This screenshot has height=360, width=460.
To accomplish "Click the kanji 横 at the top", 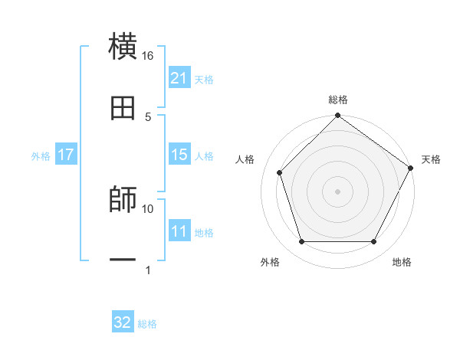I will click(x=123, y=47).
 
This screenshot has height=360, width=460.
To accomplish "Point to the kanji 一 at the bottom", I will click(x=123, y=260).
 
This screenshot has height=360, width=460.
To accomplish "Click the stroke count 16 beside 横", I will click(x=148, y=56).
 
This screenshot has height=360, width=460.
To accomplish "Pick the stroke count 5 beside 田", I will click(x=148, y=117).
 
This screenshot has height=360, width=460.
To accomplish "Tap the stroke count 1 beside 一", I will click(x=148, y=270).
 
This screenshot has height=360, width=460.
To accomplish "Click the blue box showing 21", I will click(x=179, y=78).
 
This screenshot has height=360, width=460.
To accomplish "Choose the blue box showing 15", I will click(x=179, y=155).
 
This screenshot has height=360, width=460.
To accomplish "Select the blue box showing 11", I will click(x=179, y=231).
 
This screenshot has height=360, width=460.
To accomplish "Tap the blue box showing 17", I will click(x=66, y=155).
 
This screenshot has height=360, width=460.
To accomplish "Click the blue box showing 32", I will click(x=123, y=322).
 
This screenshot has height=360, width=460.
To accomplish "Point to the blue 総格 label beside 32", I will click(x=147, y=324).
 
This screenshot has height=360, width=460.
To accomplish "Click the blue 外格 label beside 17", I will click(x=41, y=156).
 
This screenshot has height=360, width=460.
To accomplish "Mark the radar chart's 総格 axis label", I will click(x=337, y=100).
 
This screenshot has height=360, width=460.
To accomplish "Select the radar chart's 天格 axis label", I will click(x=432, y=159).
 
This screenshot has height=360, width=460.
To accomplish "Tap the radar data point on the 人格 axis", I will click(x=280, y=172).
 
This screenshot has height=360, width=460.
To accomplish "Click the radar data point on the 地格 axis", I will click(x=373, y=241).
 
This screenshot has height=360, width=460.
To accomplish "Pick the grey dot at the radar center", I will click(x=337, y=191).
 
